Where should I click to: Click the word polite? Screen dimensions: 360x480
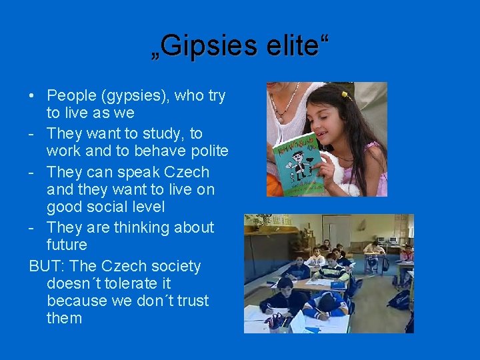click(205, 151)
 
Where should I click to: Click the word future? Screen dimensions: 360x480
click(67, 245)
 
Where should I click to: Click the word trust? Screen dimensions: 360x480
click(193, 301)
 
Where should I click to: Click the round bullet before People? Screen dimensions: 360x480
click(33, 96)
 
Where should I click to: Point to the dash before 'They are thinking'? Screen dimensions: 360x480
click(32, 228)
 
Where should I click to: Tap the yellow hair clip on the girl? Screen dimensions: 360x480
click(346, 95)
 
